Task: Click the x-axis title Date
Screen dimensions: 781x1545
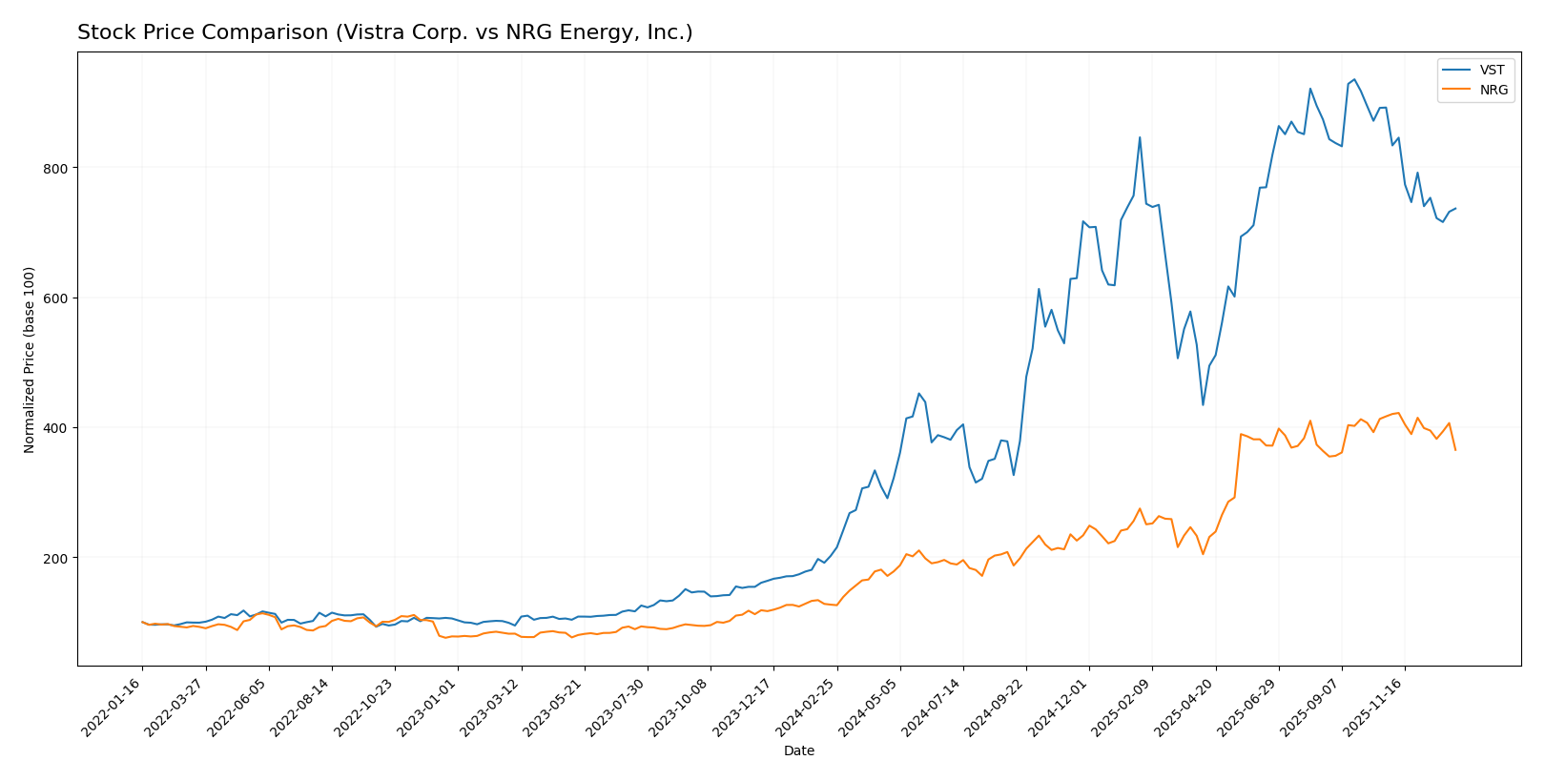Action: coord(798,751)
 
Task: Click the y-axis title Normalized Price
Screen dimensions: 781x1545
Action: coord(30,360)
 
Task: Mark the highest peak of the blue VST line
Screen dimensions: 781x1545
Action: coord(1354,79)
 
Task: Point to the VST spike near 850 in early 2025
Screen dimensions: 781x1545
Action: coord(1140,137)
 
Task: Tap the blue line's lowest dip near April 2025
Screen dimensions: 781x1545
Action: coord(1203,404)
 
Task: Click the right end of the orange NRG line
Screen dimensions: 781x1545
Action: coord(1455,450)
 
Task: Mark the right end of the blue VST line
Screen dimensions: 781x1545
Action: coord(1455,208)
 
